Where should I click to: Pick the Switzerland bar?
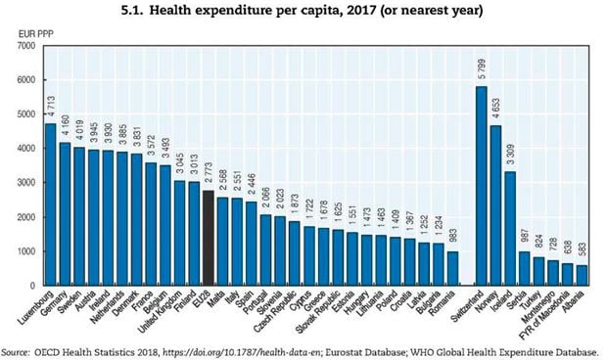pyautogui.click(x=481, y=185)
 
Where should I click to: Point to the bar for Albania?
pyautogui.click(x=583, y=275)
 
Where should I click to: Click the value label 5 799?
pyautogui.click(x=481, y=71)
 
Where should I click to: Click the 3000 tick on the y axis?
pyautogui.click(x=26, y=183)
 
